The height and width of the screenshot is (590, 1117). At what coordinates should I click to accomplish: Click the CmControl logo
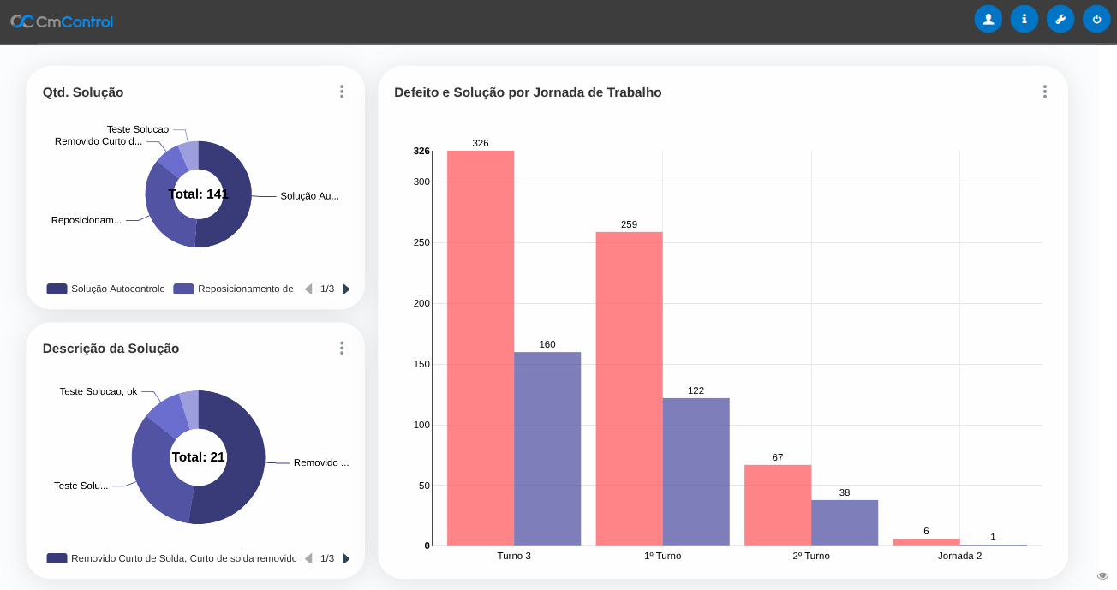click(x=62, y=21)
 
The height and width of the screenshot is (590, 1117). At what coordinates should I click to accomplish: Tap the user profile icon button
click(x=988, y=19)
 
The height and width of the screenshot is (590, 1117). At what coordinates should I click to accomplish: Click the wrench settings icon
click(x=1060, y=19)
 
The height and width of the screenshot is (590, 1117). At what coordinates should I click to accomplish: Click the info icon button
click(x=1024, y=19)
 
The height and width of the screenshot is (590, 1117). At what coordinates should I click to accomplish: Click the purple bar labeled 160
click(x=547, y=449)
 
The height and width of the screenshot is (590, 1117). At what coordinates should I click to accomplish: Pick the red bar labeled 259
click(x=629, y=389)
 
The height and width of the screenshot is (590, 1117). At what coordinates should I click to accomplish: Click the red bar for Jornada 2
click(x=926, y=542)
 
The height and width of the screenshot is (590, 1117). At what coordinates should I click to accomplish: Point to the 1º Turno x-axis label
click(x=663, y=556)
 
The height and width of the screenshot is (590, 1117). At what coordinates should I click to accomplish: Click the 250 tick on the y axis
click(x=421, y=242)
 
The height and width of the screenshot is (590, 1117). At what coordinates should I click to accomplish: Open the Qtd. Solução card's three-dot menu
click(x=342, y=92)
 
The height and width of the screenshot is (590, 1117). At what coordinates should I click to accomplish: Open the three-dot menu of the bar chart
click(x=1045, y=92)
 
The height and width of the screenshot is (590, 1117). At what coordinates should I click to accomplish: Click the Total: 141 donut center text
click(x=199, y=194)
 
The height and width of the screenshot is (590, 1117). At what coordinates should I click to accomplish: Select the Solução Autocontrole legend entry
click(x=106, y=289)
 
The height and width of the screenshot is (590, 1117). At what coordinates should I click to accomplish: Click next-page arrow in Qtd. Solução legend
click(x=345, y=289)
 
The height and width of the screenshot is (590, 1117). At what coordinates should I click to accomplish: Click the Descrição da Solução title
click(x=111, y=349)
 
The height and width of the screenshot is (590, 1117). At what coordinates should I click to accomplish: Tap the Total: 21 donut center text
click(x=199, y=457)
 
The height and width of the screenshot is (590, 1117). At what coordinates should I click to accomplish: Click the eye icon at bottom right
click(x=1102, y=575)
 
